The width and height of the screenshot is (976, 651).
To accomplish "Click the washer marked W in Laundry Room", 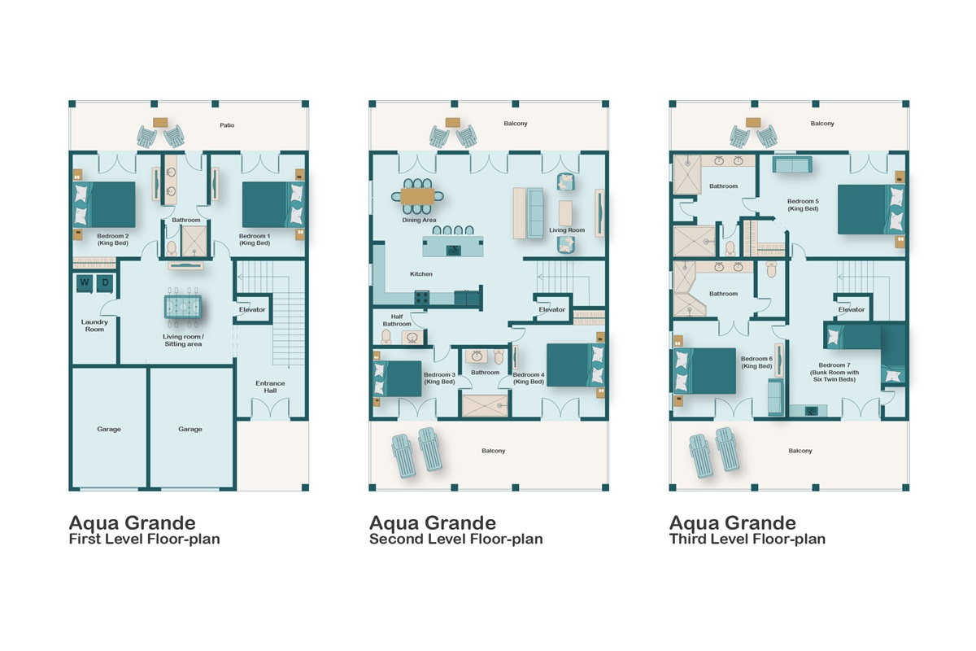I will pyautogui.click(x=84, y=283).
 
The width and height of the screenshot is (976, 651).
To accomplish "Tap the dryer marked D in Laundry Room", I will pyautogui.click(x=104, y=283).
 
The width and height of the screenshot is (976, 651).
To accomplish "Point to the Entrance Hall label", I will pyautogui.click(x=270, y=387).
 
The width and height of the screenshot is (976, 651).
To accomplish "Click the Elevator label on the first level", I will pyautogui.click(x=252, y=309).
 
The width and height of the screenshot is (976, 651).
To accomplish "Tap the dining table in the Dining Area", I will pyautogui.click(x=418, y=196).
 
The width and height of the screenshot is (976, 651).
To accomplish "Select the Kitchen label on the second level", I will pyautogui.click(x=421, y=274).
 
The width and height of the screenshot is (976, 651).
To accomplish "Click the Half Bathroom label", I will pyautogui.click(x=398, y=321).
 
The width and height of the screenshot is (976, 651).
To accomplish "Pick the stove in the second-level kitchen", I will pyautogui.click(x=422, y=298).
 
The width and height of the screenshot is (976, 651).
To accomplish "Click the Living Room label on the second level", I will pyautogui.click(x=567, y=230).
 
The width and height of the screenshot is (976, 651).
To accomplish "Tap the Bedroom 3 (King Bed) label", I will pyautogui.click(x=439, y=378).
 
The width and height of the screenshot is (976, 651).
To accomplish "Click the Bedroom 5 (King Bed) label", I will pyautogui.click(x=803, y=204).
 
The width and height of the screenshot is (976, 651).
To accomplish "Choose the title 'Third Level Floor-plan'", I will pyautogui.click(x=747, y=539).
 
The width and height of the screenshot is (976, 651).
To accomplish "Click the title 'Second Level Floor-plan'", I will pyautogui.click(x=455, y=539).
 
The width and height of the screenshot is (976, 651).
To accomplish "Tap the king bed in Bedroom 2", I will pyautogui.click(x=105, y=204).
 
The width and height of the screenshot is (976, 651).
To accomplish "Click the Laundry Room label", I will pyautogui.click(x=94, y=325).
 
